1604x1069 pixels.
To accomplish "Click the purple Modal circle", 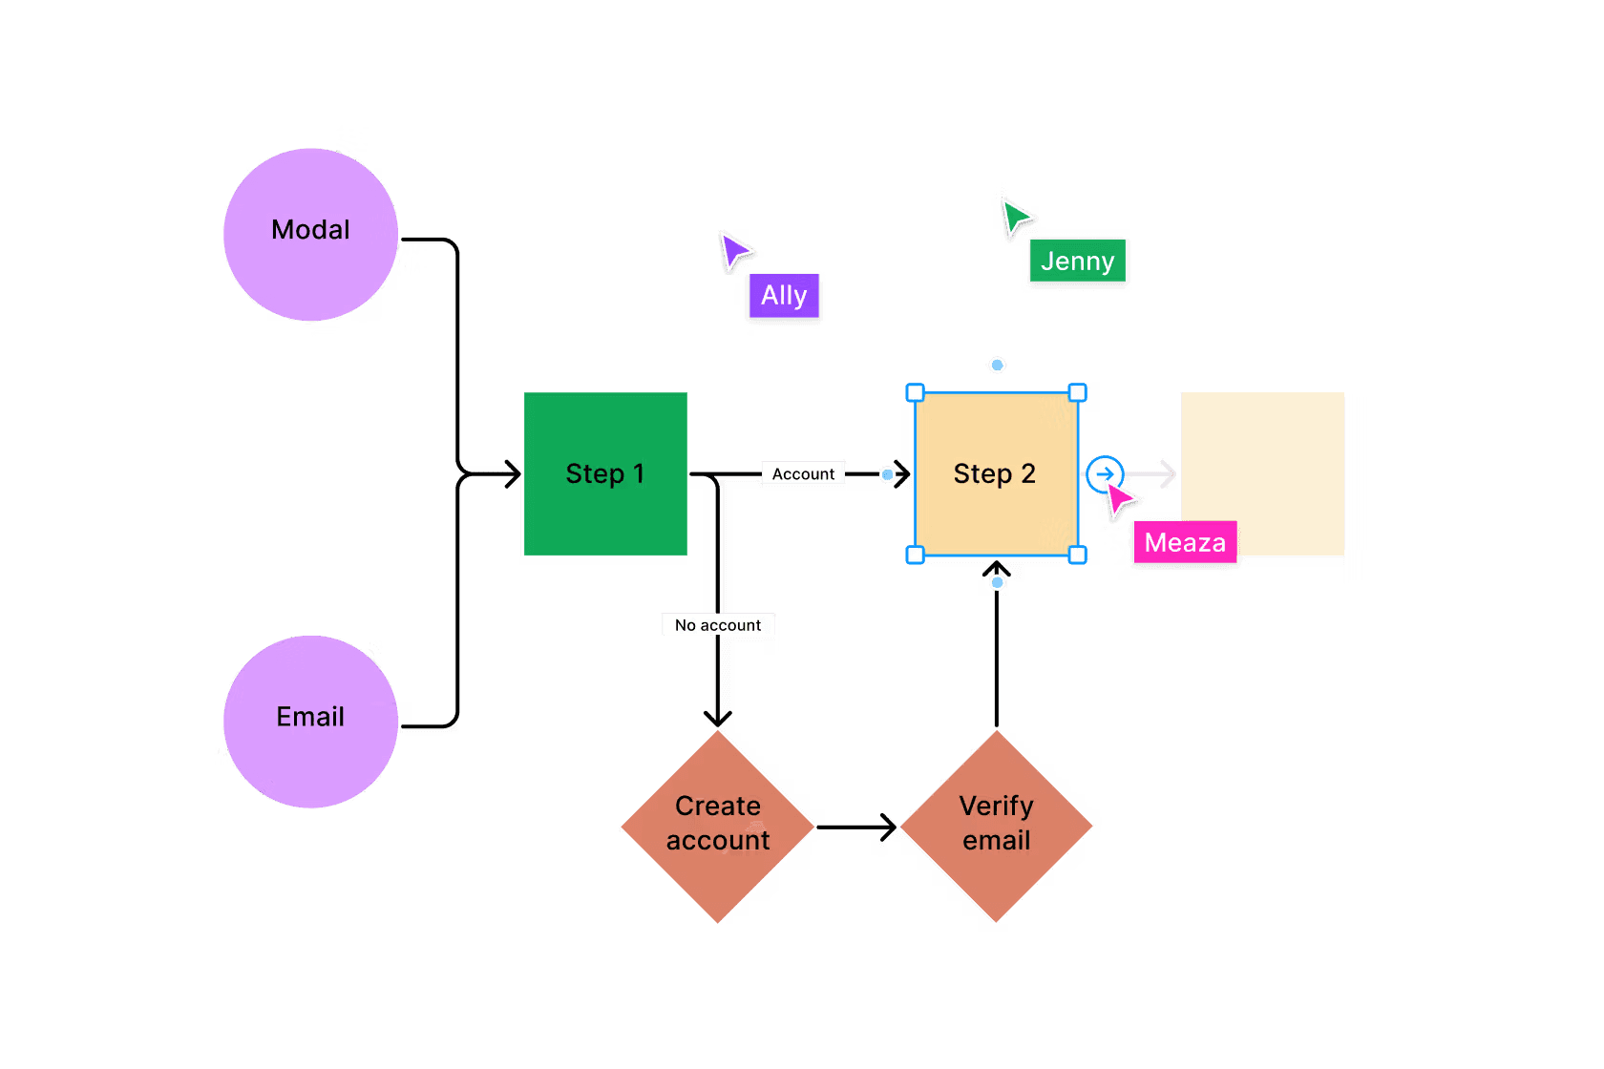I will pyautogui.click(x=310, y=234).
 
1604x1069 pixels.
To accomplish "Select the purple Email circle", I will pyautogui.click(x=310, y=722).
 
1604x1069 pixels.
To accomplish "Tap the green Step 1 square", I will pyautogui.click(x=605, y=473).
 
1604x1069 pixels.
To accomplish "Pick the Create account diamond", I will pyautogui.click(x=718, y=826).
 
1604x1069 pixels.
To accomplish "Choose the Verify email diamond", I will pyautogui.click(x=997, y=826).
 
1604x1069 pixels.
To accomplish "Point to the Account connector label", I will pyautogui.click(x=803, y=474).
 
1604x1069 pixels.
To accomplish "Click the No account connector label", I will pyautogui.click(x=718, y=625).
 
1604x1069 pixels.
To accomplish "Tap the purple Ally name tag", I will pyautogui.click(x=784, y=296).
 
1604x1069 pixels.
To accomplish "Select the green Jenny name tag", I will pyautogui.click(x=1078, y=262).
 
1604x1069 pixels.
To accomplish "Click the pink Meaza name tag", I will pyautogui.click(x=1185, y=543).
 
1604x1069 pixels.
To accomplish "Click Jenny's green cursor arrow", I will pyautogui.click(x=1015, y=217).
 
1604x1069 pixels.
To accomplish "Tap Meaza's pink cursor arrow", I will pyautogui.click(x=1120, y=497).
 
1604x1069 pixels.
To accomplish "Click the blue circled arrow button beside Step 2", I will pyautogui.click(x=1105, y=473).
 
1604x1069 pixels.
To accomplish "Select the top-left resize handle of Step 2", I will pyautogui.click(x=915, y=392).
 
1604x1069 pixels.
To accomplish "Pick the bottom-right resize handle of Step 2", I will pyautogui.click(x=1077, y=555).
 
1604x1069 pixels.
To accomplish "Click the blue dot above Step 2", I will pyautogui.click(x=997, y=365).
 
